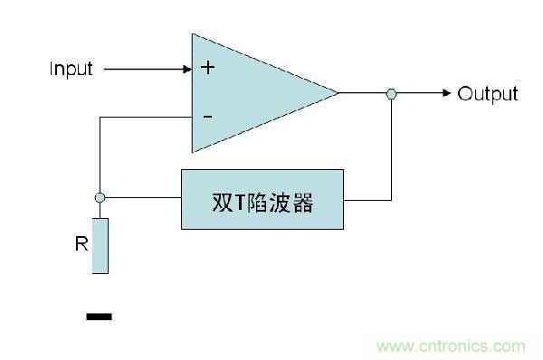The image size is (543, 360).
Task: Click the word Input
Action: pyautogui.click(x=71, y=69)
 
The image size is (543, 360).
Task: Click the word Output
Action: pyautogui.click(x=487, y=94)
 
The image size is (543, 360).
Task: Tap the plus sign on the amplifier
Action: pyautogui.click(x=207, y=68)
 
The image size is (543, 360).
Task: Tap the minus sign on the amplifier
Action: pyautogui.click(x=207, y=117)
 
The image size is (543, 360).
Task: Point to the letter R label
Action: pyautogui.click(x=81, y=243)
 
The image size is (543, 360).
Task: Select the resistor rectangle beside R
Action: pyautogui.click(x=100, y=245)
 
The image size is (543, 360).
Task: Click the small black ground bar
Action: pyautogui.click(x=99, y=317)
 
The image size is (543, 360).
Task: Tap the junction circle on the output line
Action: pyautogui.click(x=391, y=93)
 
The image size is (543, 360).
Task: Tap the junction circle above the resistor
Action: pyautogui.click(x=100, y=197)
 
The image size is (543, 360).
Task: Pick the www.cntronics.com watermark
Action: pyautogui.click(x=450, y=346)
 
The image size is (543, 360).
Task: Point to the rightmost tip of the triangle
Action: pyautogui.click(x=337, y=92)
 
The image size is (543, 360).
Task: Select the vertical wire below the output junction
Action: pyautogui.click(x=391, y=149)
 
